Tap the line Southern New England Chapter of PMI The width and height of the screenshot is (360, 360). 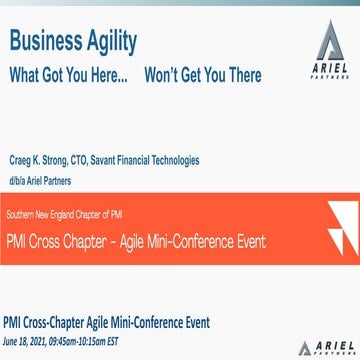coord(64,215)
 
